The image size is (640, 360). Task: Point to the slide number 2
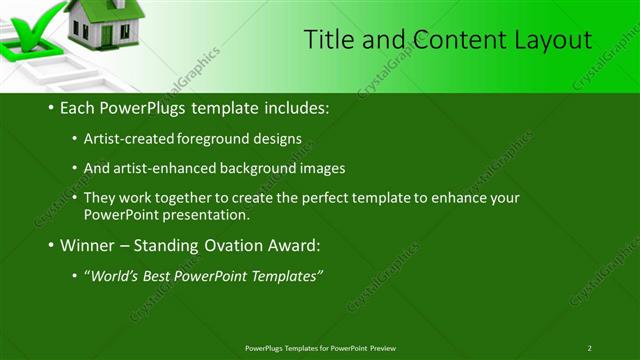click(x=590, y=347)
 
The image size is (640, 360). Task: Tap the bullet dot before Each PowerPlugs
click(x=51, y=107)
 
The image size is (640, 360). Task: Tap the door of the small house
click(x=106, y=35)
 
